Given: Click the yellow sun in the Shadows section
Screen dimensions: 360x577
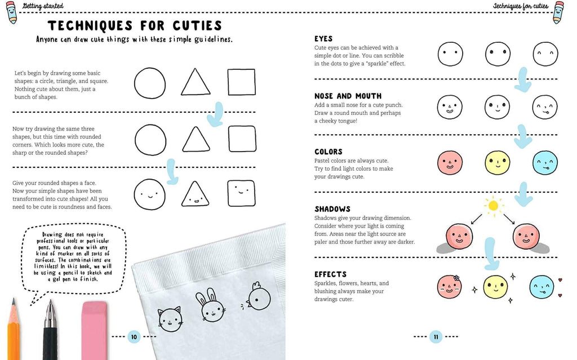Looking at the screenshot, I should (x=494, y=206).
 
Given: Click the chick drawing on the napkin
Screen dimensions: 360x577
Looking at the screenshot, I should (x=258, y=299).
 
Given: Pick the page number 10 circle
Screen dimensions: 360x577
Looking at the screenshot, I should (x=134, y=337).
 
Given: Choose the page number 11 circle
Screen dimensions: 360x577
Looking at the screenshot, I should (x=435, y=337).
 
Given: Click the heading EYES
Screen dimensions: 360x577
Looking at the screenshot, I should (x=323, y=38).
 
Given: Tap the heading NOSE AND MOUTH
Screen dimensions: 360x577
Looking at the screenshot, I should (x=348, y=96).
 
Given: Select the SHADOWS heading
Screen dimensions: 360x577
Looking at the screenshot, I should (x=332, y=208).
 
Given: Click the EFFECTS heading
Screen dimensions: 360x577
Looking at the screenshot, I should (x=330, y=274).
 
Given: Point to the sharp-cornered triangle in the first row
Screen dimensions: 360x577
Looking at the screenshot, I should (x=196, y=82).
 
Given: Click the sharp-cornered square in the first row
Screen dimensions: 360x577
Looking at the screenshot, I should (x=241, y=82).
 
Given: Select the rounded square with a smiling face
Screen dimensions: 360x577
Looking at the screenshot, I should (x=241, y=193).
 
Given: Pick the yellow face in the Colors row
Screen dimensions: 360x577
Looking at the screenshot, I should (x=497, y=163).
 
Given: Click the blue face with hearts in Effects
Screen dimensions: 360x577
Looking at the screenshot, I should (x=542, y=287).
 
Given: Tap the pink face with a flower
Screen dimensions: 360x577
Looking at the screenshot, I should (x=450, y=287).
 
